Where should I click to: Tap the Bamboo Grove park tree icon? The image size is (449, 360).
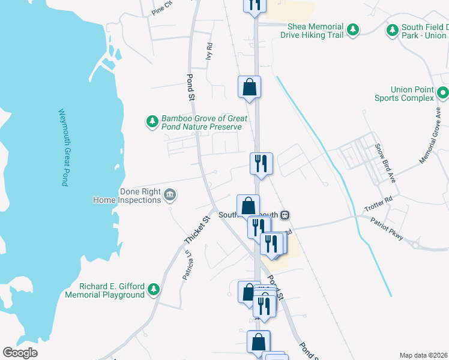(152, 122)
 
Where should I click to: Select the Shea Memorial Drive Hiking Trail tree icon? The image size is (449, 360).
(353, 29)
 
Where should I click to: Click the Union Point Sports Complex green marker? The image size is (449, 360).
(443, 93)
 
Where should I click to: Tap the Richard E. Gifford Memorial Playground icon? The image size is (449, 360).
(154, 290)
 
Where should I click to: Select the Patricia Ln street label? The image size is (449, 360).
(188, 265)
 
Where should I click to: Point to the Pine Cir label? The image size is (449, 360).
(162, 8)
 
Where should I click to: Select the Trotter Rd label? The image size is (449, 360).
(380, 203)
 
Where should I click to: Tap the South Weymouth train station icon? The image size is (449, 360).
(286, 215)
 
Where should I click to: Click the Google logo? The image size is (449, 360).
(20, 353)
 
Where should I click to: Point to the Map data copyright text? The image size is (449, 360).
(424, 355)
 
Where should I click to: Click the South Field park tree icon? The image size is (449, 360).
(393, 29)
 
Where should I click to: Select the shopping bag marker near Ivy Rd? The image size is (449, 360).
(249, 87)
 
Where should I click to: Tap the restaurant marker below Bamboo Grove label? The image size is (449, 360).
(261, 163)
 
